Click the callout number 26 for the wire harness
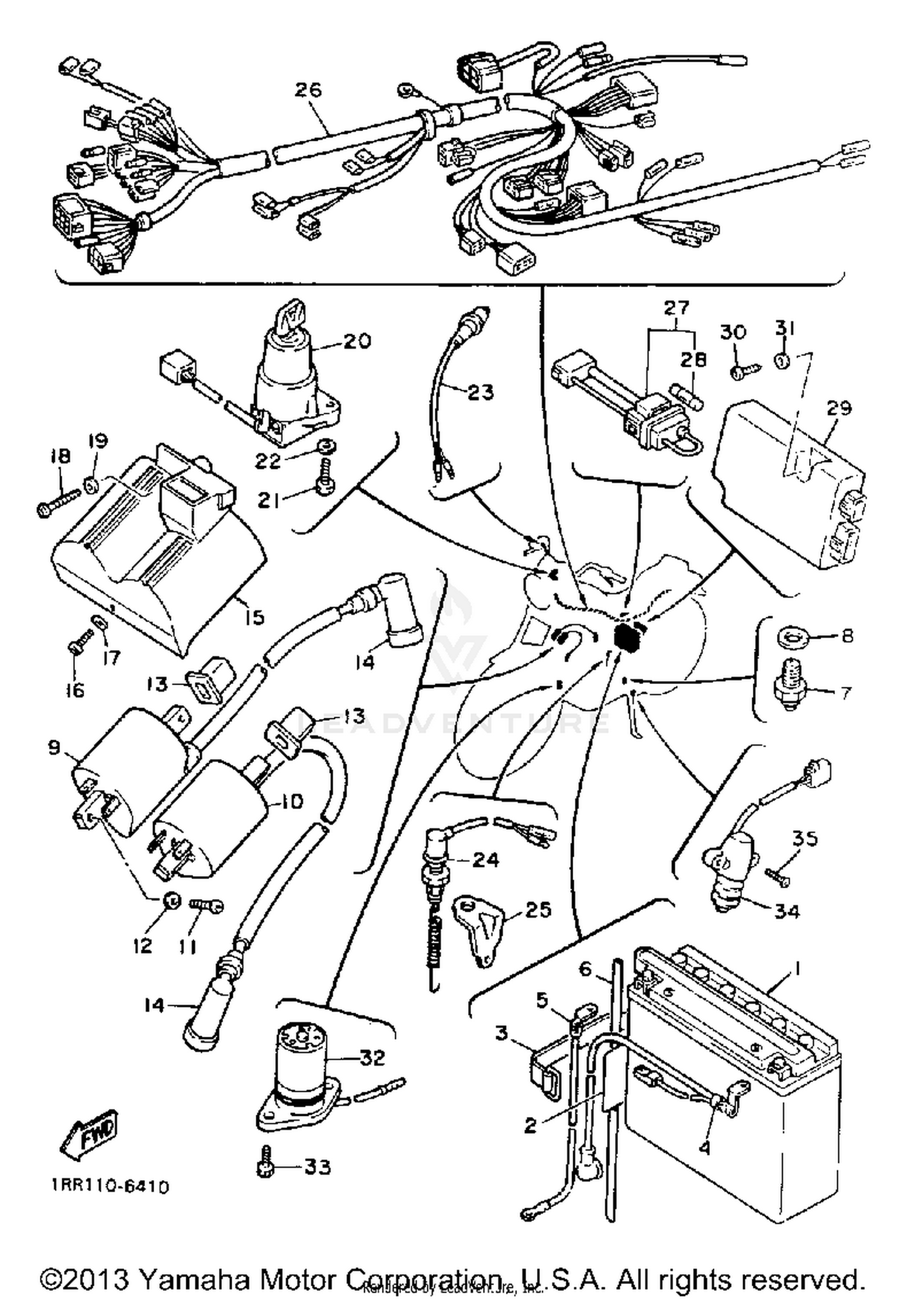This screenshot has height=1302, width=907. [308, 91]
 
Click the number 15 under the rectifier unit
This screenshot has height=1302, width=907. [255, 617]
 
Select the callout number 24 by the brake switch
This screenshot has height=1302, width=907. [485, 860]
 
